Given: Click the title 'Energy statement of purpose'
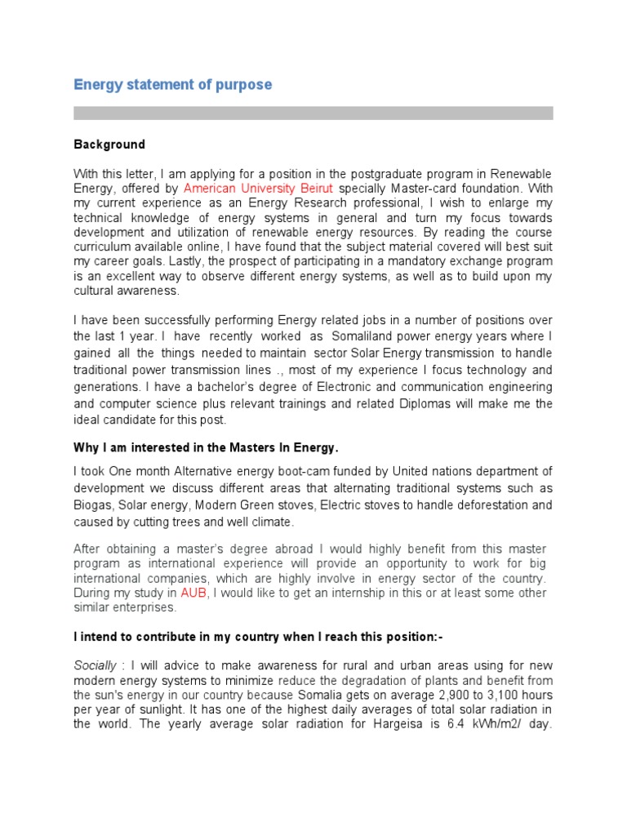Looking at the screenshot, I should tap(172, 85).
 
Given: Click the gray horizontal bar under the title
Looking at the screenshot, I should tap(313, 113).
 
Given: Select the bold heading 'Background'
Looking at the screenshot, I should tap(109, 145).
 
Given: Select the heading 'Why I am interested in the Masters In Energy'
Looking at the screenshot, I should tap(206, 448).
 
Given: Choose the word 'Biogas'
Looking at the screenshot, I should tap(93, 505).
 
